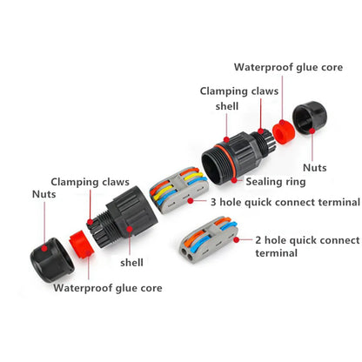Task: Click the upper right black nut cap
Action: click(310, 117)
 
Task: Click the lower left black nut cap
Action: click(52, 260)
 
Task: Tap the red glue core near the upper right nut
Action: click(284, 132)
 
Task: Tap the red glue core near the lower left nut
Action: click(81, 245)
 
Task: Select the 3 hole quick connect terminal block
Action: click(179, 190)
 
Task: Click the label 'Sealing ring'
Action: click(276, 182)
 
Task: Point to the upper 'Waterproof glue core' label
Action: click(288, 67)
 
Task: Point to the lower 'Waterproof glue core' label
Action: click(108, 288)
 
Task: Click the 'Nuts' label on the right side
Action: click(315, 168)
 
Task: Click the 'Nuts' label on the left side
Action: click(44, 194)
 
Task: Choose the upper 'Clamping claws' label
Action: click(239, 91)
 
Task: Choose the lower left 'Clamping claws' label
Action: click(90, 182)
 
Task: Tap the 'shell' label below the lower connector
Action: click(131, 263)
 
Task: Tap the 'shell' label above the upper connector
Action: click(227, 106)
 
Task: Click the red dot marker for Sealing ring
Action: click(234, 180)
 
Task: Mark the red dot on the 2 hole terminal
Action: click(237, 240)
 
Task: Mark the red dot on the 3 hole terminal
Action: click(191, 200)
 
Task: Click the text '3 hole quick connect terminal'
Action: click(285, 202)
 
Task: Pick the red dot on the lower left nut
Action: click(44, 248)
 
